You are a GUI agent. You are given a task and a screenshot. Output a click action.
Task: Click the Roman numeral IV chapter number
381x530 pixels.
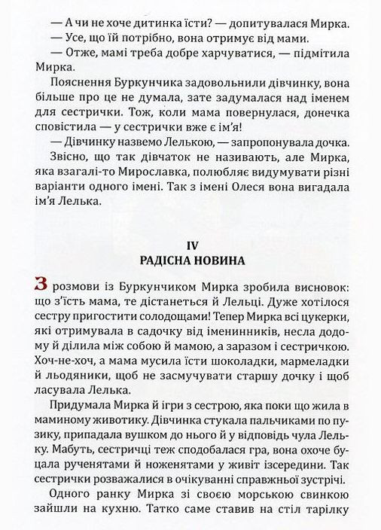[190, 245]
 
